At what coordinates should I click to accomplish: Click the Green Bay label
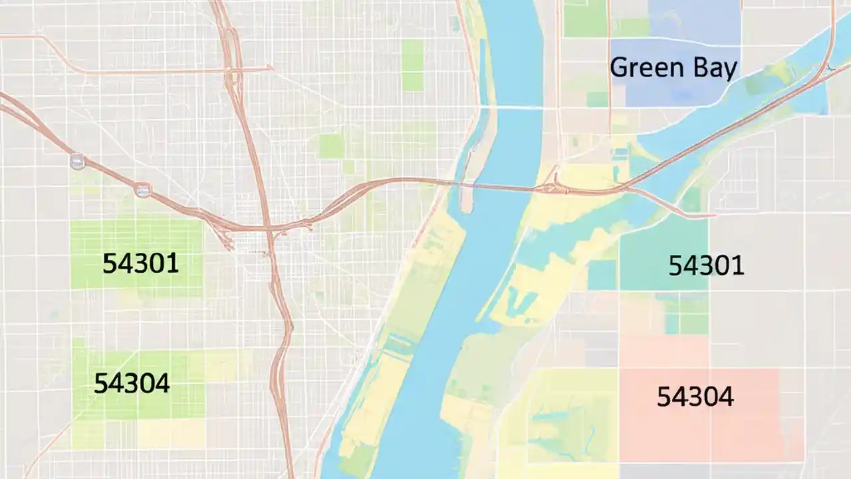click(x=673, y=68)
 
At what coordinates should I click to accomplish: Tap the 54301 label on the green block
click(x=140, y=264)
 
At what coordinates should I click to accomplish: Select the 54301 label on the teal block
click(x=706, y=266)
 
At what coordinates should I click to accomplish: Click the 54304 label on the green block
click(x=132, y=384)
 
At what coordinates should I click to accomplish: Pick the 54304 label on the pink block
click(x=695, y=397)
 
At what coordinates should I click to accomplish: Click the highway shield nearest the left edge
click(x=78, y=161)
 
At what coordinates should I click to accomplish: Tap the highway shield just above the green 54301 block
click(x=142, y=190)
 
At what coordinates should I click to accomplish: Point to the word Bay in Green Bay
click(x=711, y=69)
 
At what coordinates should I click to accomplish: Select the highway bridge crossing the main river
click(x=505, y=187)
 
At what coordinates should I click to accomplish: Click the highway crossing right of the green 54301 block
click(x=269, y=230)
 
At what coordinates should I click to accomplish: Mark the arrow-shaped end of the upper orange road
click(x=269, y=67)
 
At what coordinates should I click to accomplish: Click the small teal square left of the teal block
click(x=602, y=275)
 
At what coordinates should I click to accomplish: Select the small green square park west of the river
click(x=330, y=146)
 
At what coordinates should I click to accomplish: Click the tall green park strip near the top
click(x=412, y=65)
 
